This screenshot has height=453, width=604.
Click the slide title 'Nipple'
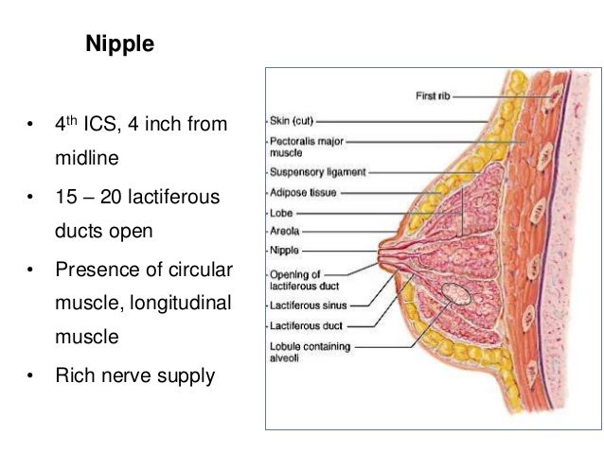tap(120, 44)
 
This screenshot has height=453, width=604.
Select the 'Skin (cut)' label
tap(292, 121)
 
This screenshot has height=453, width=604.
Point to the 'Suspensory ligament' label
tap(317, 173)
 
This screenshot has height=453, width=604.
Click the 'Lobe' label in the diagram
tap(282, 212)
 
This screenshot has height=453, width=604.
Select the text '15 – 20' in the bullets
tap(85, 198)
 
